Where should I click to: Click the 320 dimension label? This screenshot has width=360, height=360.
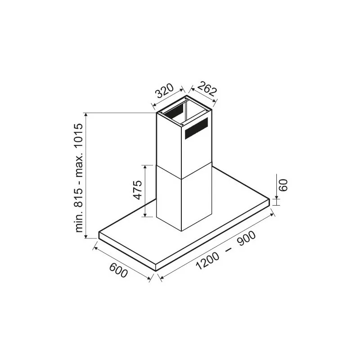tap(164, 91)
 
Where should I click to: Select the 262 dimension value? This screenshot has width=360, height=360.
tap(207, 89)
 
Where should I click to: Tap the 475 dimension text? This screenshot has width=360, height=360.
tap(138, 190)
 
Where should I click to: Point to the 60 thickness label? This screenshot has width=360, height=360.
tap(283, 185)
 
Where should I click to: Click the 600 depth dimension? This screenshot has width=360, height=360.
tap(118, 270)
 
